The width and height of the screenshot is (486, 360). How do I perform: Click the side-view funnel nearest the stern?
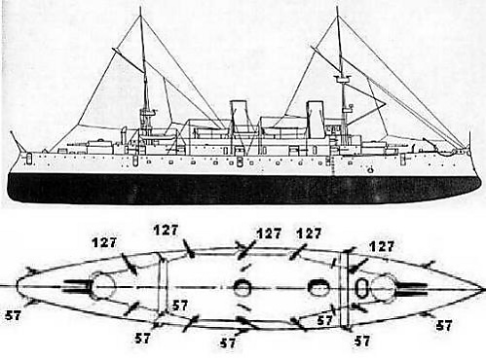tap(239, 116)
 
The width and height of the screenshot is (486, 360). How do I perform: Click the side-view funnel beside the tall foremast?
tap(316, 119)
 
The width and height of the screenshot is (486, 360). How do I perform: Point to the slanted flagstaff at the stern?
tap(16, 141)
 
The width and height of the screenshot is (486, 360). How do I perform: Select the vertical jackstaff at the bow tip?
tap(469, 140)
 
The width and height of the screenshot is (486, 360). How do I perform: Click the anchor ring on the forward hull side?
tap(370, 169)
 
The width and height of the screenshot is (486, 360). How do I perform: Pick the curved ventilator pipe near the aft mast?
tap(124, 136)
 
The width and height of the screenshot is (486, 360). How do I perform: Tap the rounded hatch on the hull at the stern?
tap(29, 159)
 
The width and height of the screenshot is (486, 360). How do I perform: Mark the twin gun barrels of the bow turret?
tap(412, 289)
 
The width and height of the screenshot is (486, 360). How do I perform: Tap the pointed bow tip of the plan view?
tap(482, 288)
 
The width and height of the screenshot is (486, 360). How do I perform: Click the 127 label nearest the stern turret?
tap(104, 243)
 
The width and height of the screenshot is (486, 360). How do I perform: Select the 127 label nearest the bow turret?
tap(382, 246)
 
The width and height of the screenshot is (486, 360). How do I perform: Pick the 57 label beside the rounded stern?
tap(13, 315)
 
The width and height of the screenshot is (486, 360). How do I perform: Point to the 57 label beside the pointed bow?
tap(444, 325)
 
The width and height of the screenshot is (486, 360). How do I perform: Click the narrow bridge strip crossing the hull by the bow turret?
tap(344, 289)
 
